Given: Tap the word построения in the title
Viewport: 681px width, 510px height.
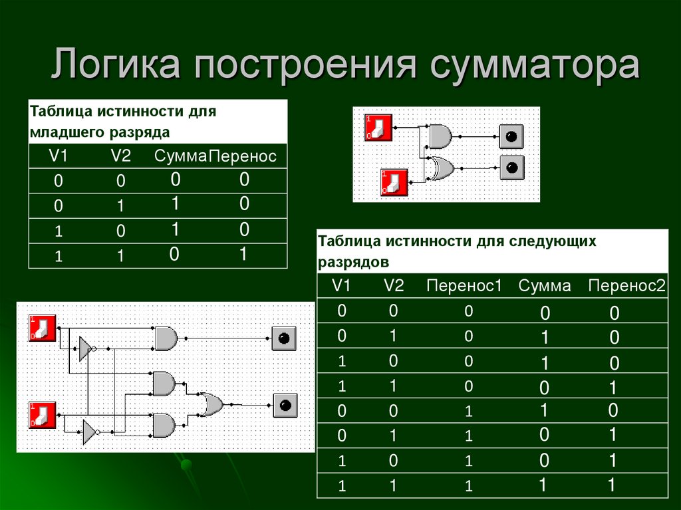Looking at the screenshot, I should click(305, 67).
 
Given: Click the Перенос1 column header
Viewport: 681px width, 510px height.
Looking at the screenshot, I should click(463, 286).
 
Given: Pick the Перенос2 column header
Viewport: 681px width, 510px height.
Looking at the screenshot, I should click(626, 286).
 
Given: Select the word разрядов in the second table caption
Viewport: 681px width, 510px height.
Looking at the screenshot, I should click(353, 262).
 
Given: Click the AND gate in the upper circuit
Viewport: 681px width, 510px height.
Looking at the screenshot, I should click(440, 137).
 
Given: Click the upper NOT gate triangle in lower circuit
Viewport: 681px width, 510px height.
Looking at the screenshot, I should click(85, 348).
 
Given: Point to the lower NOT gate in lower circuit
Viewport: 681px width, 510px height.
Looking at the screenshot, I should click(89, 432).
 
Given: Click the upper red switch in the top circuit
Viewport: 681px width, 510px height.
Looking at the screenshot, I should click(378, 127).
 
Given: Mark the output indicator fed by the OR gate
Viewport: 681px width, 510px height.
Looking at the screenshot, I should click(285, 404).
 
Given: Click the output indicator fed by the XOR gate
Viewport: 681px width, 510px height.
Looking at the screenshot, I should click(511, 167).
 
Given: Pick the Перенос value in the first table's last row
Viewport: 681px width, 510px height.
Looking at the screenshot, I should click(244, 254).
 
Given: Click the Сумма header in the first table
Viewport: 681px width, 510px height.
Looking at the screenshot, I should click(180, 157).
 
